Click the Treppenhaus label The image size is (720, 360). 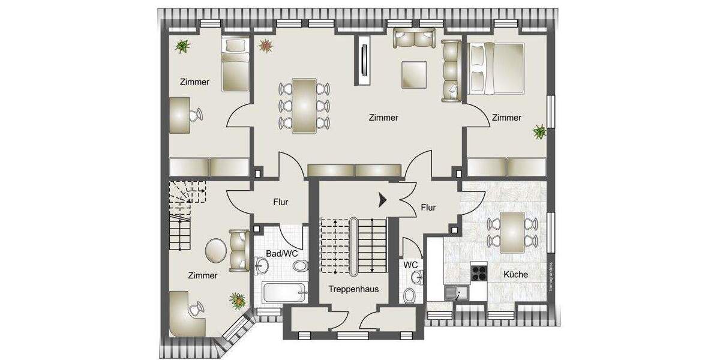tap(353, 289)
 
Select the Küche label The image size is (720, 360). tap(515, 274)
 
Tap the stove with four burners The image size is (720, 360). tap(479, 273)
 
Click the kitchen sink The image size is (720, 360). tap(457, 293)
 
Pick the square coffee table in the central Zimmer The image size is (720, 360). tap(415, 74)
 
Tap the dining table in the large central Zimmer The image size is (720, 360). tap(304, 105)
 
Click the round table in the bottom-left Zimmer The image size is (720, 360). tap(216, 250)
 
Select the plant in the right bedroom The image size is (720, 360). tap(539, 131)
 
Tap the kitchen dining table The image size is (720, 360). tap(512, 232)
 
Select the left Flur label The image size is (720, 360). tap(280, 202)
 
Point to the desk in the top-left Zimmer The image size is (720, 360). tap(181, 115)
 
